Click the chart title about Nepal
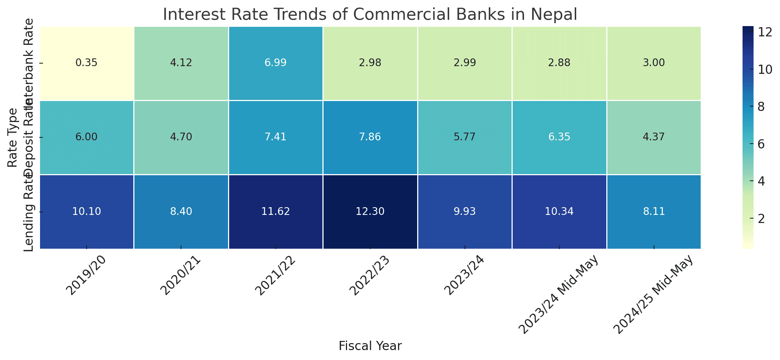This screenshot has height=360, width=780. coord(370,15)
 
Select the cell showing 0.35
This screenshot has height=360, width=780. coord(87,63)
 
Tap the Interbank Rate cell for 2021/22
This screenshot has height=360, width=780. coord(275,63)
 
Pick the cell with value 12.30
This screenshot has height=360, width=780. coord(370,212)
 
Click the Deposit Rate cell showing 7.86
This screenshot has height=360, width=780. coord(370,137)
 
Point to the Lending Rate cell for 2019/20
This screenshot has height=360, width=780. coord(87,212)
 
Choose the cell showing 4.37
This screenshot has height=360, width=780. coord(654,137)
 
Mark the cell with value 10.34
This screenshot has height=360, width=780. coord(559,212)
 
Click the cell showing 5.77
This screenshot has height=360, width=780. coord(465,137)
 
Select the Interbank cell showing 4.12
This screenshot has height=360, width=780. coord(181,63)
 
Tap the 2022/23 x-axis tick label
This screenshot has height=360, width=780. coord(369,276)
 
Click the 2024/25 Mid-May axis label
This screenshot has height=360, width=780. coord(654,294)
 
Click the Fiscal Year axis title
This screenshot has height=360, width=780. coord(370,346)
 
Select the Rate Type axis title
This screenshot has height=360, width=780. coord(12,137)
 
